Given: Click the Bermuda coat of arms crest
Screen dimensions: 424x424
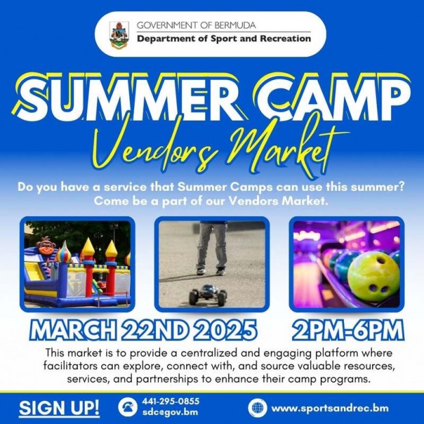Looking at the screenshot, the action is pyautogui.click(x=119, y=35).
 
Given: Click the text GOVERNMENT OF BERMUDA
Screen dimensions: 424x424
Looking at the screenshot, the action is pyautogui.click(x=196, y=25).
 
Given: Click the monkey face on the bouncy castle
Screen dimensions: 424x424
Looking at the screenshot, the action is pyautogui.click(x=46, y=246).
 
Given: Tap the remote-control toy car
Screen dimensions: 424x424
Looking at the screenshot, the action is pyautogui.click(x=208, y=295).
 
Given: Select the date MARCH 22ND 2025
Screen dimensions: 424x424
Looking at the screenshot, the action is pyautogui.click(x=143, y=330).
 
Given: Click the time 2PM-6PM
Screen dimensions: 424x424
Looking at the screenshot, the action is pyautogui.click(x=348, y=330).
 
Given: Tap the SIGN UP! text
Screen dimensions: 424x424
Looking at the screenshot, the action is pyautogui.click(x=59, y=408).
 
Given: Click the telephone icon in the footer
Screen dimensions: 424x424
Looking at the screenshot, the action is pyautogui.click(x=128, y=407).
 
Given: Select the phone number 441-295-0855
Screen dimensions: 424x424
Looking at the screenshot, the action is pyautogui.click(x=171, y=401).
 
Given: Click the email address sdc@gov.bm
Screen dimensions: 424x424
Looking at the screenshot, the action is pyautogui.click(x=170, y=412).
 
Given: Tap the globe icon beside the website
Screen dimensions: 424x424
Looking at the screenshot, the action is pyautogui.click(x=257, y=408).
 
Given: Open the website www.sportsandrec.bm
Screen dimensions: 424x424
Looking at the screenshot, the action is pyautogui.click(x=330, y=408).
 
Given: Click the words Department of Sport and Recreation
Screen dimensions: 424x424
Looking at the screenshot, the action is pyautogui.click(x=224, y=39).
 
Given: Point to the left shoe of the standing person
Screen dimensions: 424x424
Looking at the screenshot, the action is pyautogui.click(x=201, y=271).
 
